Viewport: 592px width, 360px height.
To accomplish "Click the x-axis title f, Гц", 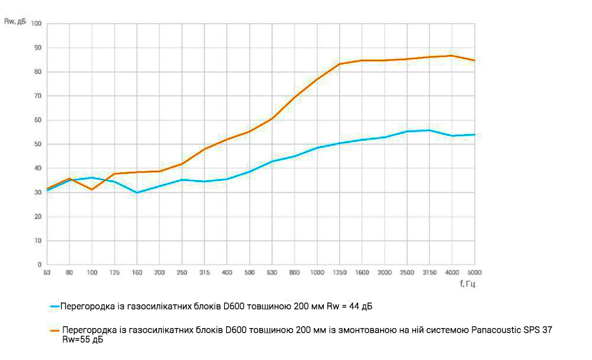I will coord(467,284).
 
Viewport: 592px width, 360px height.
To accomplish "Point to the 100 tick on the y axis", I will coord(36,24).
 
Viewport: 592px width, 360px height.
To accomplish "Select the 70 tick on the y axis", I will coord(37,96).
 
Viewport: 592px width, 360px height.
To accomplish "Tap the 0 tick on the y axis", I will coord(39,265).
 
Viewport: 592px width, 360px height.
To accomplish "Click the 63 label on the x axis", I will coord(47,272).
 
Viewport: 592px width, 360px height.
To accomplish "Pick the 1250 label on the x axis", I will coord(339,272).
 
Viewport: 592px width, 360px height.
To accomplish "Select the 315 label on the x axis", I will coord(204,272).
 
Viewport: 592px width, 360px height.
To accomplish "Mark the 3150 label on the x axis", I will coord(429,272).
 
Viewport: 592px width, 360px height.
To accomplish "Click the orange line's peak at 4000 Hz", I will coord(452,56).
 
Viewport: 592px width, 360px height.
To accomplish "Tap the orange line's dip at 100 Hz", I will coord(92,189).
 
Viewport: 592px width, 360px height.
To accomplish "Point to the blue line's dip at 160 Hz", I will coord(137,192).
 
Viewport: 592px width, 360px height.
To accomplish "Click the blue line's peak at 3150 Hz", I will coord(429,130).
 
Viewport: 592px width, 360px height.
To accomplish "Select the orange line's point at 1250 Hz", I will coord(339,64).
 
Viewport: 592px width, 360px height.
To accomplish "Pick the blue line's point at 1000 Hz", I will coord(317,147).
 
